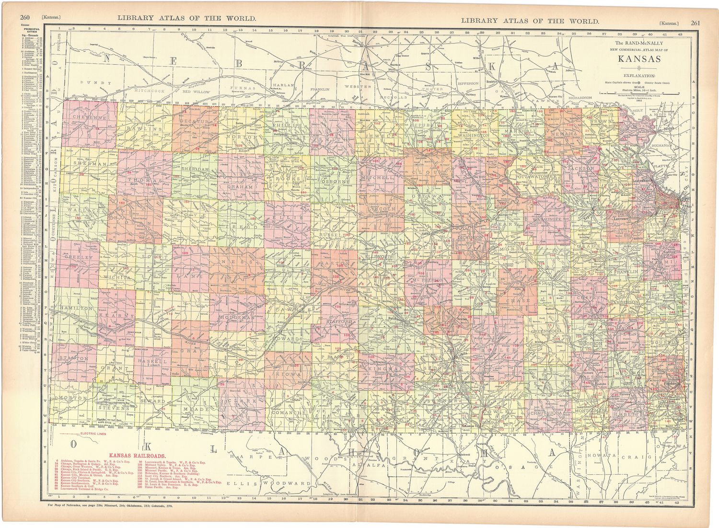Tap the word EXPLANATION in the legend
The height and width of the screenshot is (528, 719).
pos(639,76)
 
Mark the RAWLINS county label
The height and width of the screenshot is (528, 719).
pos(145,129)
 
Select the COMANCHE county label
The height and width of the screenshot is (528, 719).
pos(288,412)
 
